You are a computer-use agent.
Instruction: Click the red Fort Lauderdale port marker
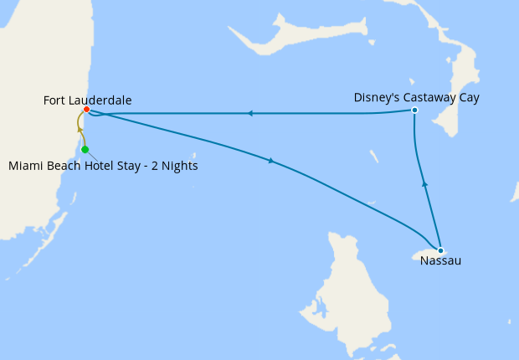click(x=86, y=110)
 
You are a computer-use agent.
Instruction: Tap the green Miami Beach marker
click(x=85, y=150)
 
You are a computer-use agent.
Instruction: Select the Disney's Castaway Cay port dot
click(x=414, y=111)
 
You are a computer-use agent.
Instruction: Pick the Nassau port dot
click(x=440, y=249)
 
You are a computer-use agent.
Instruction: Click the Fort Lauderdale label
click(x=87, y=100)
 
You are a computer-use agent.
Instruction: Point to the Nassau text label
click(x=440, y=261)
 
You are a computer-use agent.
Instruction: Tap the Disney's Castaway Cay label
click(x=416, y=98)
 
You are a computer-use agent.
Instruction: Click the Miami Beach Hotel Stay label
click(x=103, y=166)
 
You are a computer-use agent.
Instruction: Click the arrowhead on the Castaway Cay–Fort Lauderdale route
click(x=249, y=113)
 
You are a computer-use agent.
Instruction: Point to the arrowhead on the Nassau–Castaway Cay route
click(x=424, y=183)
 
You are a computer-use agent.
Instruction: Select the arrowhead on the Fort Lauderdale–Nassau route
click(x=271, y=161)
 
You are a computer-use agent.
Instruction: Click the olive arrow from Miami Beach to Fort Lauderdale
click(x=80, y=129)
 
